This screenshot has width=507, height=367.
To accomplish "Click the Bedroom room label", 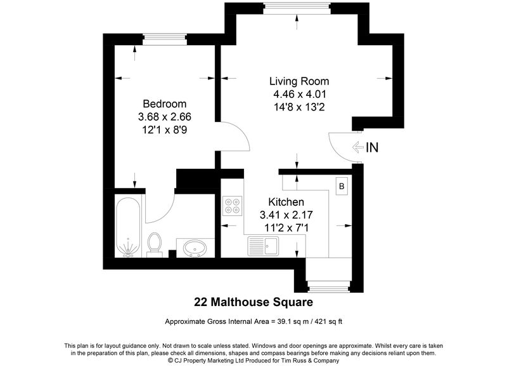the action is point(165,103).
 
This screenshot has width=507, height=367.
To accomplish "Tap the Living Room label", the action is point(299,81).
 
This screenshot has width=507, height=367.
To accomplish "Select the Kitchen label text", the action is point(286,202).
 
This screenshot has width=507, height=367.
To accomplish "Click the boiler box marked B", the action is point(342,186).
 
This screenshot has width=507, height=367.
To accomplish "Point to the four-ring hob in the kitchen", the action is point(232,206).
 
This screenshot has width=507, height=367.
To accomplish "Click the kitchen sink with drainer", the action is point(263,246).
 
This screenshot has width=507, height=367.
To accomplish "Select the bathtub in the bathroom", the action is point(129,228).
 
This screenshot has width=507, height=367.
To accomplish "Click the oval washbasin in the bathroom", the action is point(195,248).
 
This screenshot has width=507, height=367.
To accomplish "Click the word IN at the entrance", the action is point(372,148).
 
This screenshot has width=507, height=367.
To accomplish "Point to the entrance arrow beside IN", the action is point(357,147).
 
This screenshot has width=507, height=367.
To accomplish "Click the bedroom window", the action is point(165,40).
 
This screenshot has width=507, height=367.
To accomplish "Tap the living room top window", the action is point(297,8).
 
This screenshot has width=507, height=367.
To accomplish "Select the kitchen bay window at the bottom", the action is point(328,286).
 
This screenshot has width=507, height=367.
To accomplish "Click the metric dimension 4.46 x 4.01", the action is point(300,94).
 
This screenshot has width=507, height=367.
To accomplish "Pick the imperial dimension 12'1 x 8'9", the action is point(165,130).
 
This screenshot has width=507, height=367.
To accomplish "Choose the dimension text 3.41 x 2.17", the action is point(286,215).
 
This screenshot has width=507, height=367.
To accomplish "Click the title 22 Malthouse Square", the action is point(253,302).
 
